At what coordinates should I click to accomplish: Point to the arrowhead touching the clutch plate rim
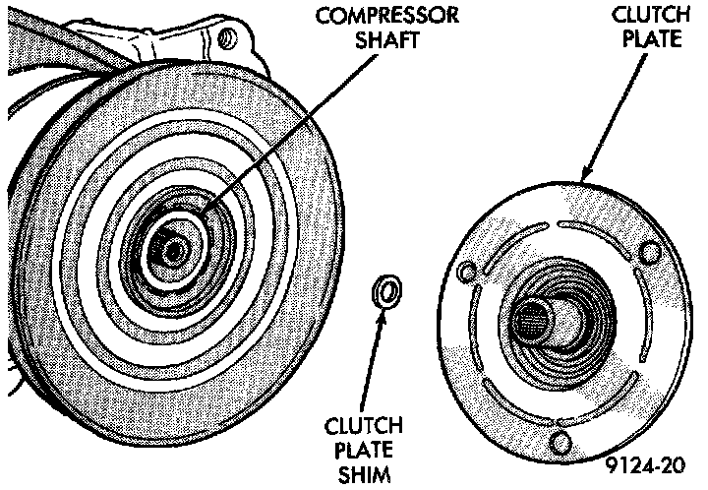[x=583, y=177]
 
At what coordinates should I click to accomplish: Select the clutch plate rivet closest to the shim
[x=466, y=272]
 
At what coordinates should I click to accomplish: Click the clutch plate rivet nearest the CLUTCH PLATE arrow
[x=647, y=252]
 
